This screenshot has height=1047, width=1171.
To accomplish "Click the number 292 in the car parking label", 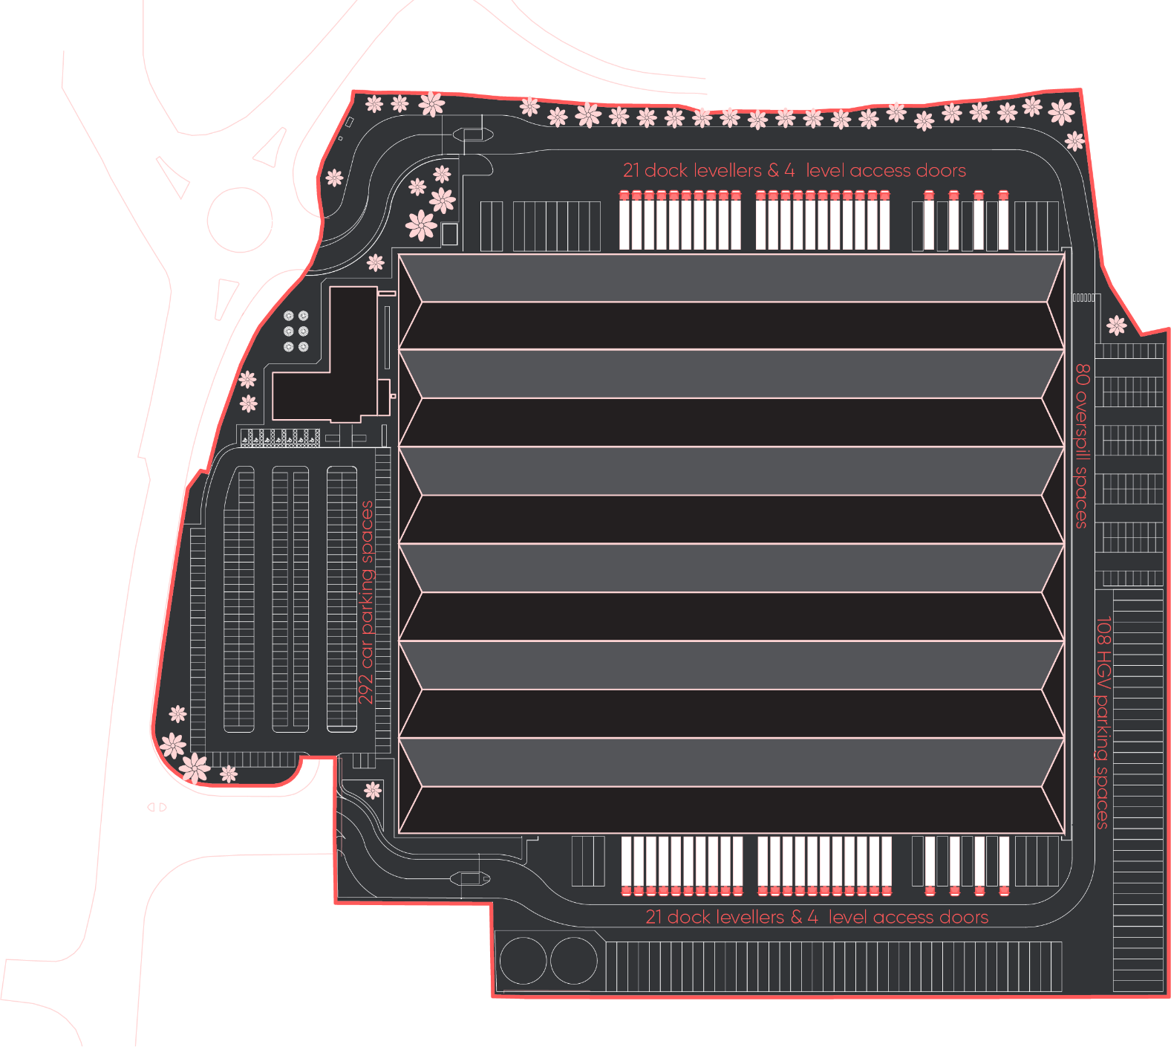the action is click(x=366, y=688).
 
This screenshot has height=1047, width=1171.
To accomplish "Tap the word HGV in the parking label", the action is click(x=1103, y=671).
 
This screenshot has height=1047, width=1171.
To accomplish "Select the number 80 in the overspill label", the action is click(x=1083, y=374).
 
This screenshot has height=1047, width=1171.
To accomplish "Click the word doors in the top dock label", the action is click(x=942, y=171).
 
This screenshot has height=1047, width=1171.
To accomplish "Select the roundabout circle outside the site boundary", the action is click(x=240, y=220).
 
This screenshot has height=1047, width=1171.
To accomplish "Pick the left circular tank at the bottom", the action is click(x=523, y=960).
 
